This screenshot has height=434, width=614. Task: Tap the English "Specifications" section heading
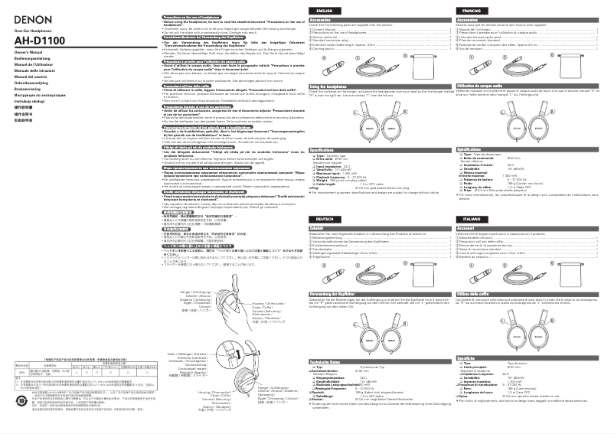[x=325, y=171]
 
